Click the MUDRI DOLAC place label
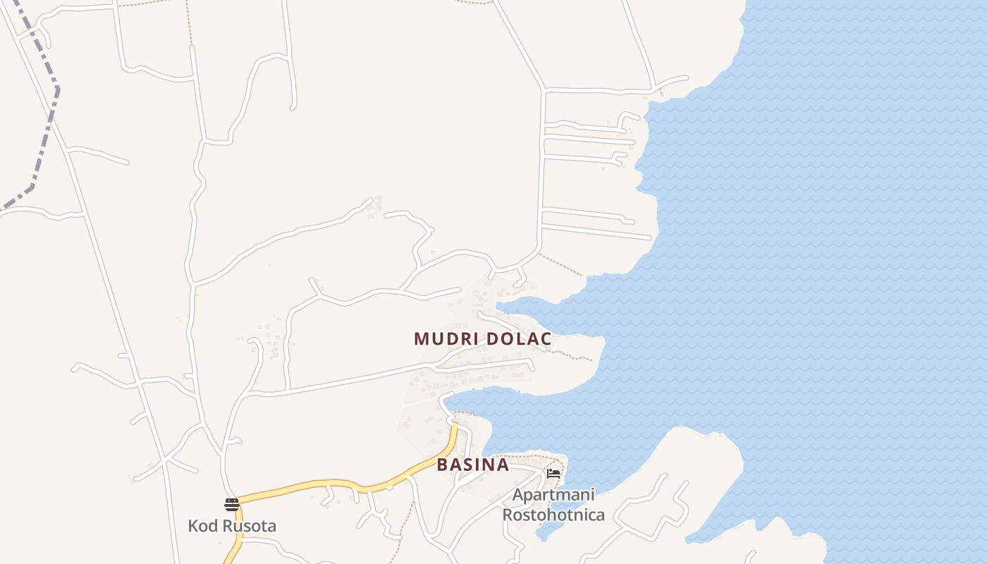tap(482, 339)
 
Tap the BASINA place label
tap(472, 465)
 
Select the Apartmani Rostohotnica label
tap(553, 505)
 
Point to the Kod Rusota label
tap(232, 526)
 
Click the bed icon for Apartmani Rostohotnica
tap(553, 473)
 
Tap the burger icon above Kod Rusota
tap(232, 504)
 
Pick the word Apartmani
tap(553, 495)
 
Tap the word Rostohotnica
tap(553, 515)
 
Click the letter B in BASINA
tap(442, 465)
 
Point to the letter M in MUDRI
tap(421, 339)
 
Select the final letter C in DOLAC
tap(545, 339)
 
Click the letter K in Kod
tap(192, 526)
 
